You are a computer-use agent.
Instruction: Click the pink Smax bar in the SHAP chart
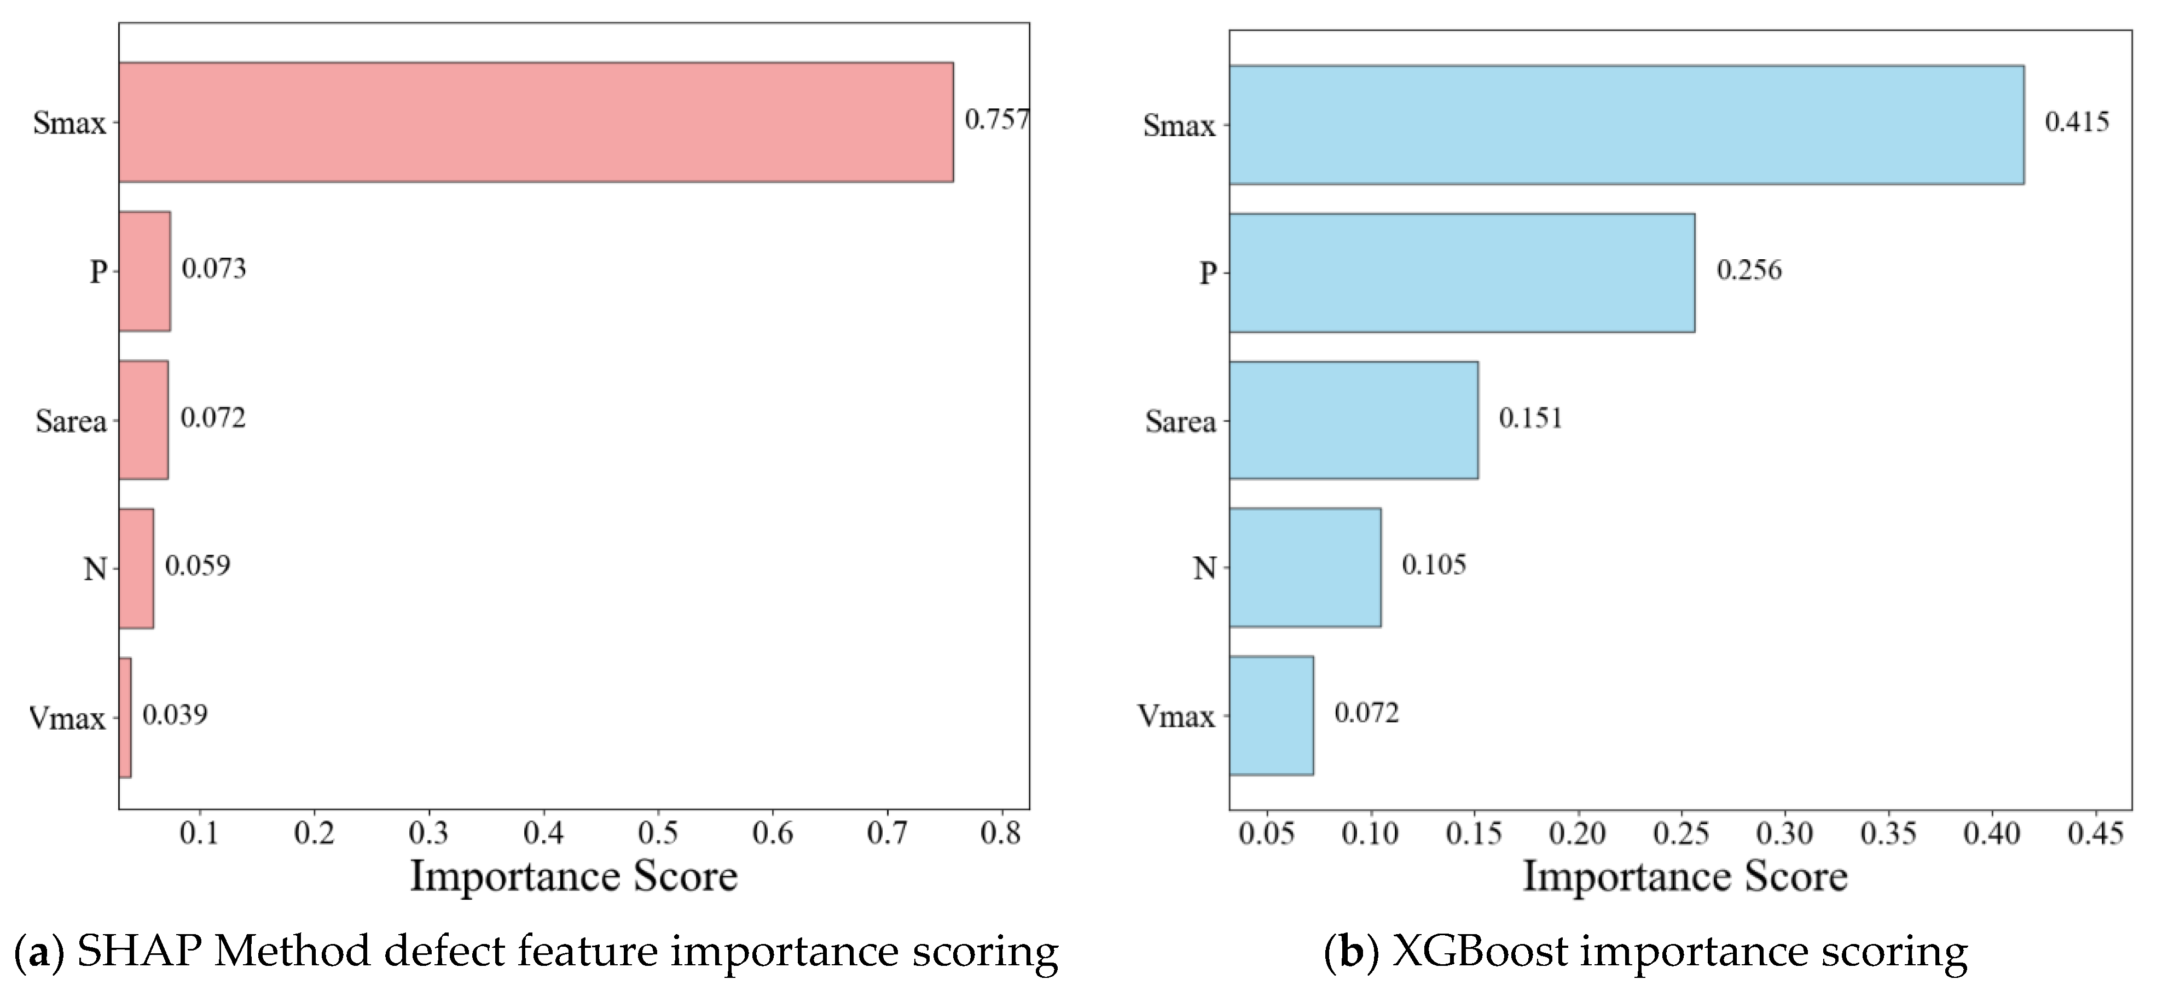536,121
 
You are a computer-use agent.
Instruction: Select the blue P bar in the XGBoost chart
1461,273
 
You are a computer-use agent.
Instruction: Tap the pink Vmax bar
125,717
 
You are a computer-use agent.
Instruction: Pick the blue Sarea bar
1353,420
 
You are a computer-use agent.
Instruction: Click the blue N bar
1304,567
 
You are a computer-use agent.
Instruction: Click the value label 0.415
2077,122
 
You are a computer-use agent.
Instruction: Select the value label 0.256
1749,270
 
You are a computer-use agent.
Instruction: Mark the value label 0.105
1434,565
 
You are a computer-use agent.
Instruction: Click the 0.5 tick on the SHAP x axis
657,834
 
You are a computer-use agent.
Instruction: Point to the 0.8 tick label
1001,834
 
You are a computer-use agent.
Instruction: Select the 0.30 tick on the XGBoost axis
1784,834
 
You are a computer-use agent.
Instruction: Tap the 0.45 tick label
2095,834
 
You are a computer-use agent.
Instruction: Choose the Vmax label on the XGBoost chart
1176,716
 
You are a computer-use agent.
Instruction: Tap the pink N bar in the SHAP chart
136,568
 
